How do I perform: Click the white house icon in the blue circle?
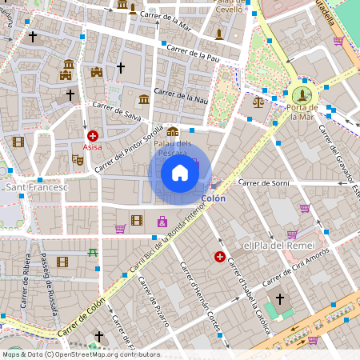coord(180,172)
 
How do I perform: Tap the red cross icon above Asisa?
coord(93,137)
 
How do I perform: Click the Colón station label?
coord(213,198)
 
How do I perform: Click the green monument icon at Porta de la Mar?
coord(304,92)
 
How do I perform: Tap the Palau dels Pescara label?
coord(172,148)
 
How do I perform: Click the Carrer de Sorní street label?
coord(262,182)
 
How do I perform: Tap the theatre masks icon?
coord(78,159)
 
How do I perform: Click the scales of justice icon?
coord(258,102)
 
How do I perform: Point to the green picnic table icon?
coord(93,253)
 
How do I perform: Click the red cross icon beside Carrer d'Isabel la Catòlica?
coord(219,257)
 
